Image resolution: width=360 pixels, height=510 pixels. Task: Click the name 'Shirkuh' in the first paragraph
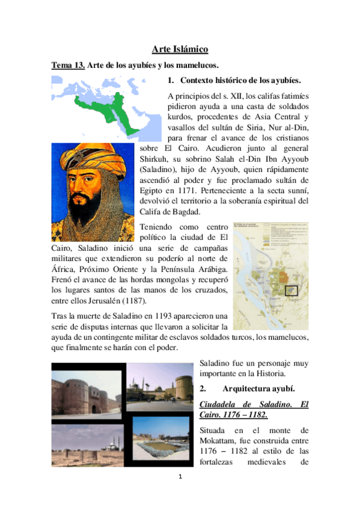156,160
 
